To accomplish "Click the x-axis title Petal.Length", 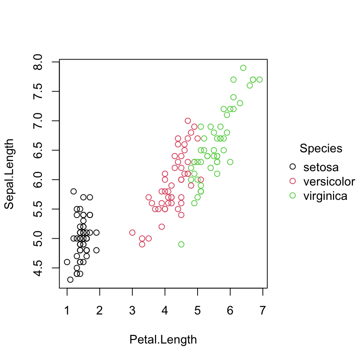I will pos(163,340).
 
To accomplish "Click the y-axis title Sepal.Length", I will pos(9,174).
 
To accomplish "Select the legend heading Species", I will pos(321,149).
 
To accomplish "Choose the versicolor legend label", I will pos(329,181).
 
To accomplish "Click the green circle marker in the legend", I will pos(293,196).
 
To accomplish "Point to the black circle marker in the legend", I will pos(293,167).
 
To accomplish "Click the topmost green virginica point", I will pos(243,68).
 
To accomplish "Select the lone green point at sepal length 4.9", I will pos(181,244).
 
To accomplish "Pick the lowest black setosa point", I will pos(70,279).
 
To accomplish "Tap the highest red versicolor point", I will pos(188,121).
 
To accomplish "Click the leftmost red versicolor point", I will pos(132,233).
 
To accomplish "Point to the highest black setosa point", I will pos(74,191).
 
